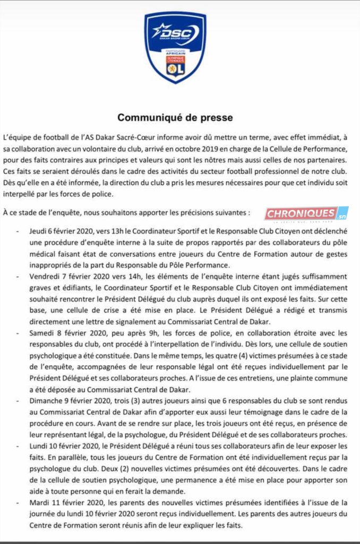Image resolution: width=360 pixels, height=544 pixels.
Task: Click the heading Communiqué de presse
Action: tap(175, 117)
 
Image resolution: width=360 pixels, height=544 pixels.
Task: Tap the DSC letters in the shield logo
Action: tap(174, 31)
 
